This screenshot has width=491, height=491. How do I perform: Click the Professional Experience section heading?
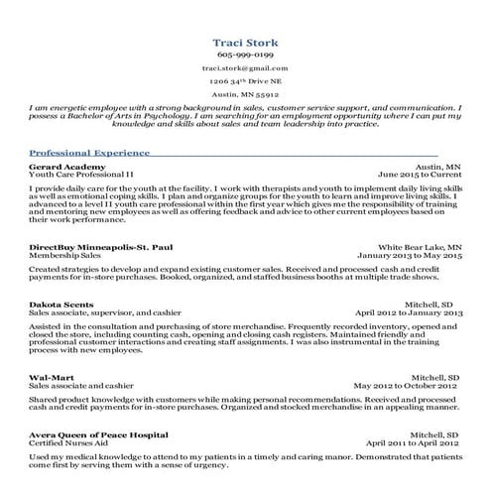coord(89,153)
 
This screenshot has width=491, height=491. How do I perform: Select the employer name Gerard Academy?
coord(67,168)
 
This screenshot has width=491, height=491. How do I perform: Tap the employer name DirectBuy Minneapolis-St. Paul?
coord(101,246)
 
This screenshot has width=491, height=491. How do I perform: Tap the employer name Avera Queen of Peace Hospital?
coord(98,433)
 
